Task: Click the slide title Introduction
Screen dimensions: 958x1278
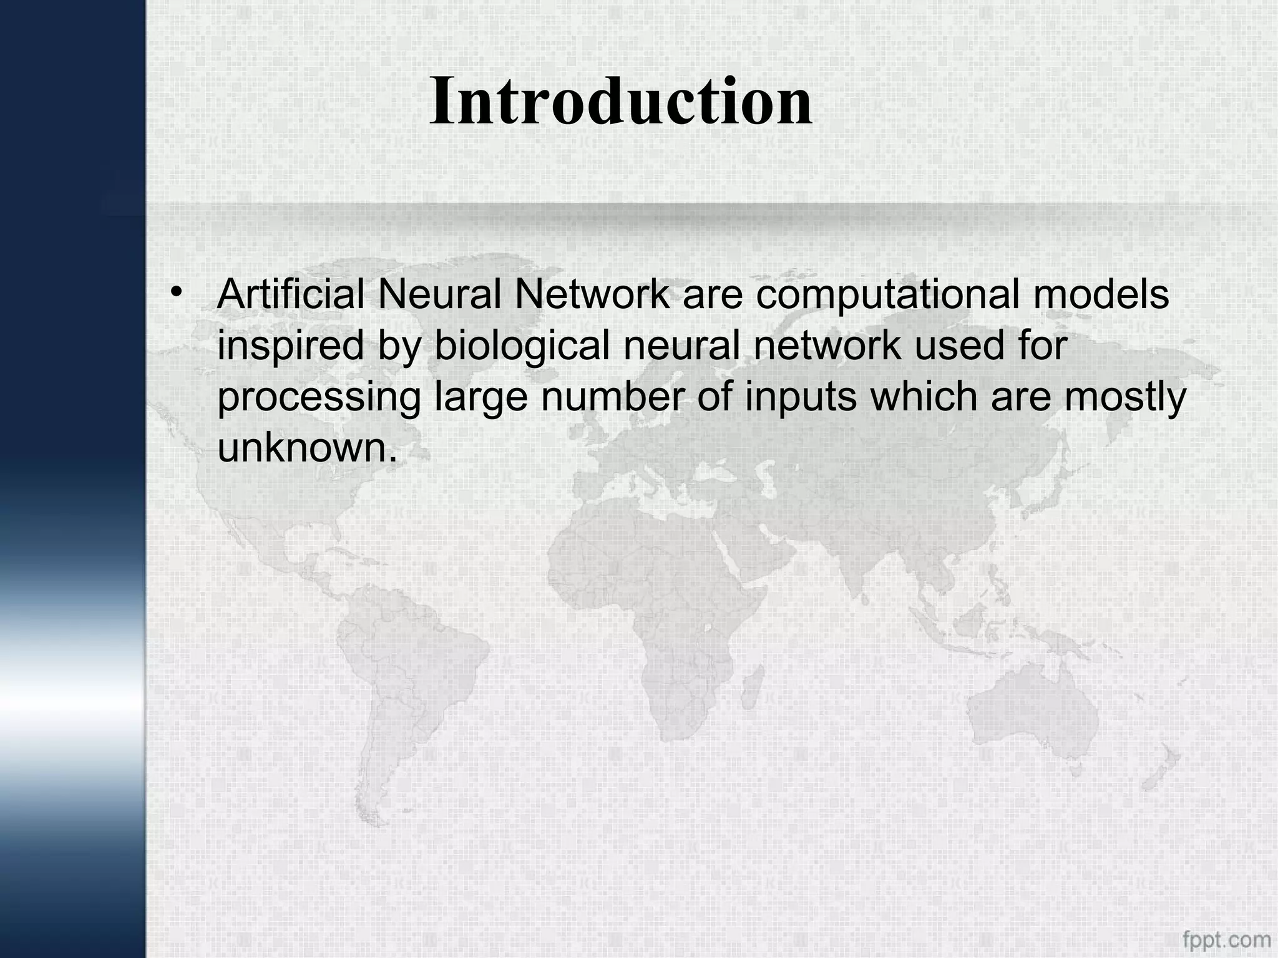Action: tap(621, 101)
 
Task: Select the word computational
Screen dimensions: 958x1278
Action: tap(888, 296)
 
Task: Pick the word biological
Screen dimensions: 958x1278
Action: tap(522, 347)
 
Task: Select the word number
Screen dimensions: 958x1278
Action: tap(613, 397)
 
